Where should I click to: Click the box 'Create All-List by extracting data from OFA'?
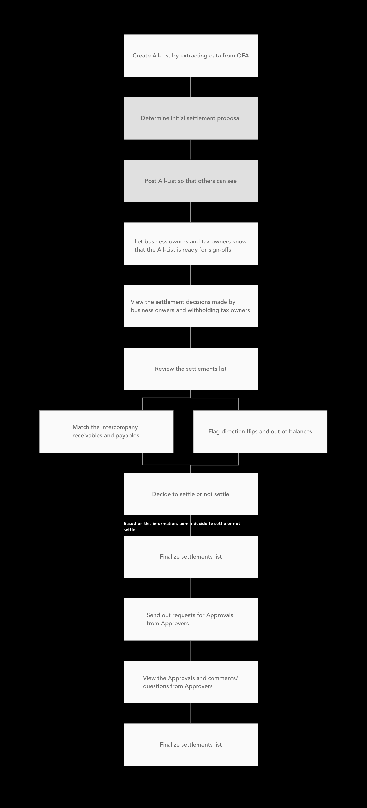coord(191,56)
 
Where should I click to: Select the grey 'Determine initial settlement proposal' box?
coord(191,118)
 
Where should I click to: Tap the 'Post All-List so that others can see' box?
coord(191,181)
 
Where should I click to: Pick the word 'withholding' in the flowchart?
coord(203,310)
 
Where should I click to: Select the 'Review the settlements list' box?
coord(191,369)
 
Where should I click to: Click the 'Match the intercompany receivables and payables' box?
coord(106,431)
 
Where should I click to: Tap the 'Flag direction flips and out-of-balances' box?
coord(260,431)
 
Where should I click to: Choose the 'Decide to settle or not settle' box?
coord(191,494)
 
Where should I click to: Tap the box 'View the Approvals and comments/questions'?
coord(191,682)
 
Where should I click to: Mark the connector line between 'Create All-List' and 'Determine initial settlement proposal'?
coord(191,87)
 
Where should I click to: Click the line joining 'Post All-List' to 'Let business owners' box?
coord(191,212)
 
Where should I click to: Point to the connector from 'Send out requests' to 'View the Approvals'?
coord(191,651)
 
